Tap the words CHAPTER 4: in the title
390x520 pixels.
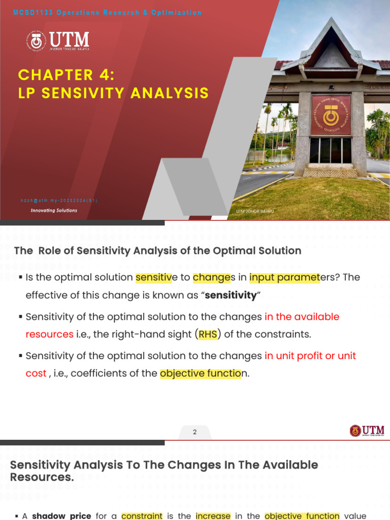pyautogui.click(x=67, y=75)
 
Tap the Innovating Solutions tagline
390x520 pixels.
pyautogui.click(x=54, y=210)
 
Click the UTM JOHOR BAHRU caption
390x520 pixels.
pyautogui.click(x=254, y=211)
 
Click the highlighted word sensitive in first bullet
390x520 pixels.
pyautogui.click(x=154, y=278)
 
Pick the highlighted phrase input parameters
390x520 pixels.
pyautogui.click(x=284, y=278)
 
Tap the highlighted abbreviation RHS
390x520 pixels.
pyautogui.click(x=207, y=334)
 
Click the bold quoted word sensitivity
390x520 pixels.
pyautogui.click(x=230, y=295)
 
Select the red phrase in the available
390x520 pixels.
pyautogui.click(x=302, y=317)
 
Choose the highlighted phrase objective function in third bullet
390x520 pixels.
pyautogui.click(x=199, y=374)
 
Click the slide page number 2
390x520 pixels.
pyautogui.click(x=194, y=432)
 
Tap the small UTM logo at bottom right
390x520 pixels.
pyautogui.click(x=367, y=431)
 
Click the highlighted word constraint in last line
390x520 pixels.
pyautogui.click(x=142, y=516)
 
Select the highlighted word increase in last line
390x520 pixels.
pyautogui.click(x=213, y=516)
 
